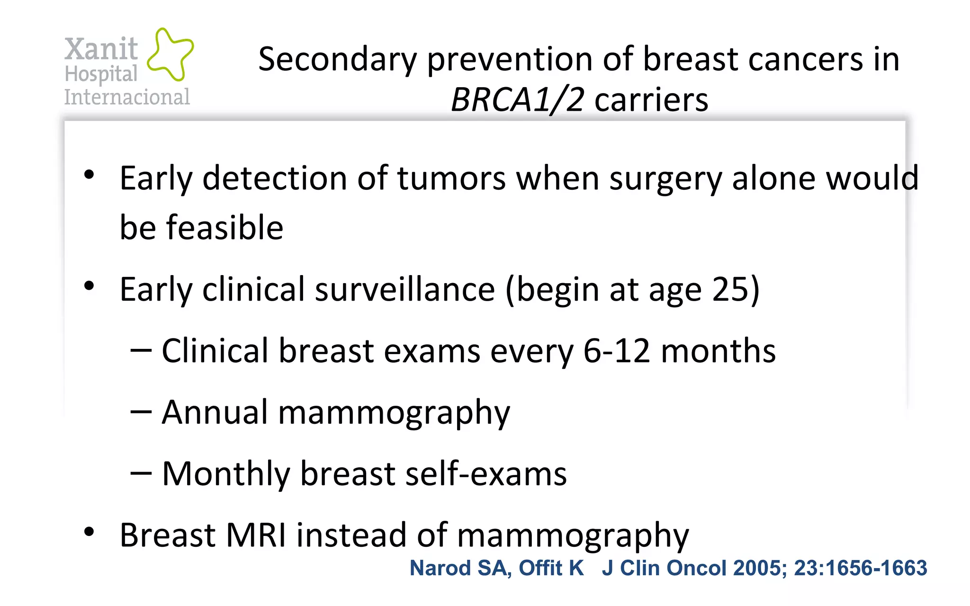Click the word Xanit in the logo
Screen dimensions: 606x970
(x=101, y=49)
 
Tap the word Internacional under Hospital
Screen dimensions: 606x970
(x=127, y=97)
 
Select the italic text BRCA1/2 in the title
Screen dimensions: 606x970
(x=517, y=100)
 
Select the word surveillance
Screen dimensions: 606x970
(x=405, y=289)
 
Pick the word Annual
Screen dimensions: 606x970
(x=215, y=412)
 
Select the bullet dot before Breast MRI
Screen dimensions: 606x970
(x=89, y=532)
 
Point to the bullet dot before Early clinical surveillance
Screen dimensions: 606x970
(x=89, y=286)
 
